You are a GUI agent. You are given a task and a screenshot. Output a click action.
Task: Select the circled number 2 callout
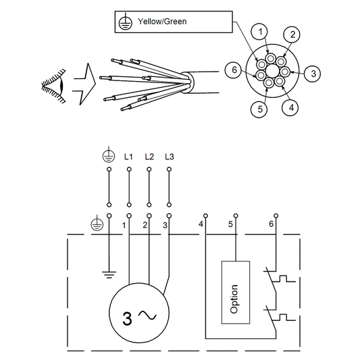pyautogui.click(x=291, y=34)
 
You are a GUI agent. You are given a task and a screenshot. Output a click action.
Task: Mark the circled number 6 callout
pyautogui.click(x=234, y=70)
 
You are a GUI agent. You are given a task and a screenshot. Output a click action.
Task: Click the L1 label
pyautogui.click(x=128, y=157)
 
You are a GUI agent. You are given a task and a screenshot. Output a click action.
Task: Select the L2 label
pyautogui.click(x=149, y=157)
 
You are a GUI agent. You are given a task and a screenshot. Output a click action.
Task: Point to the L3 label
pyautogui.click(x=169, y=157)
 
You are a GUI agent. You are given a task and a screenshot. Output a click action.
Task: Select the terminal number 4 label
pyautogui.click(x=201, y=224)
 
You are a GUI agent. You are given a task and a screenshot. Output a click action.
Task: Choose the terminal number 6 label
pyautogui.click(x=272, y=224)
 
